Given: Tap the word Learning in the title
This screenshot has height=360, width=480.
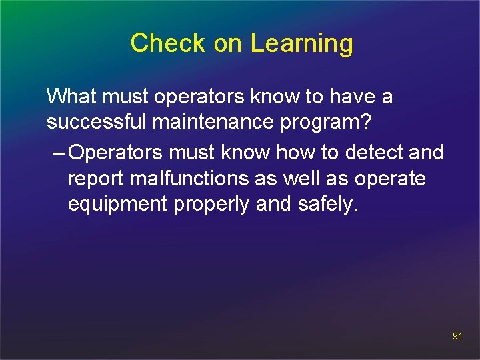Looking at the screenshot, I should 301,44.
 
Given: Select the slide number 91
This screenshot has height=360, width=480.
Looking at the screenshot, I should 457,337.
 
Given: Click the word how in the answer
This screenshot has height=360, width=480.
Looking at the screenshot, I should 296,153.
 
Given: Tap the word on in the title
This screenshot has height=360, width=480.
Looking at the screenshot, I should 229,43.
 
